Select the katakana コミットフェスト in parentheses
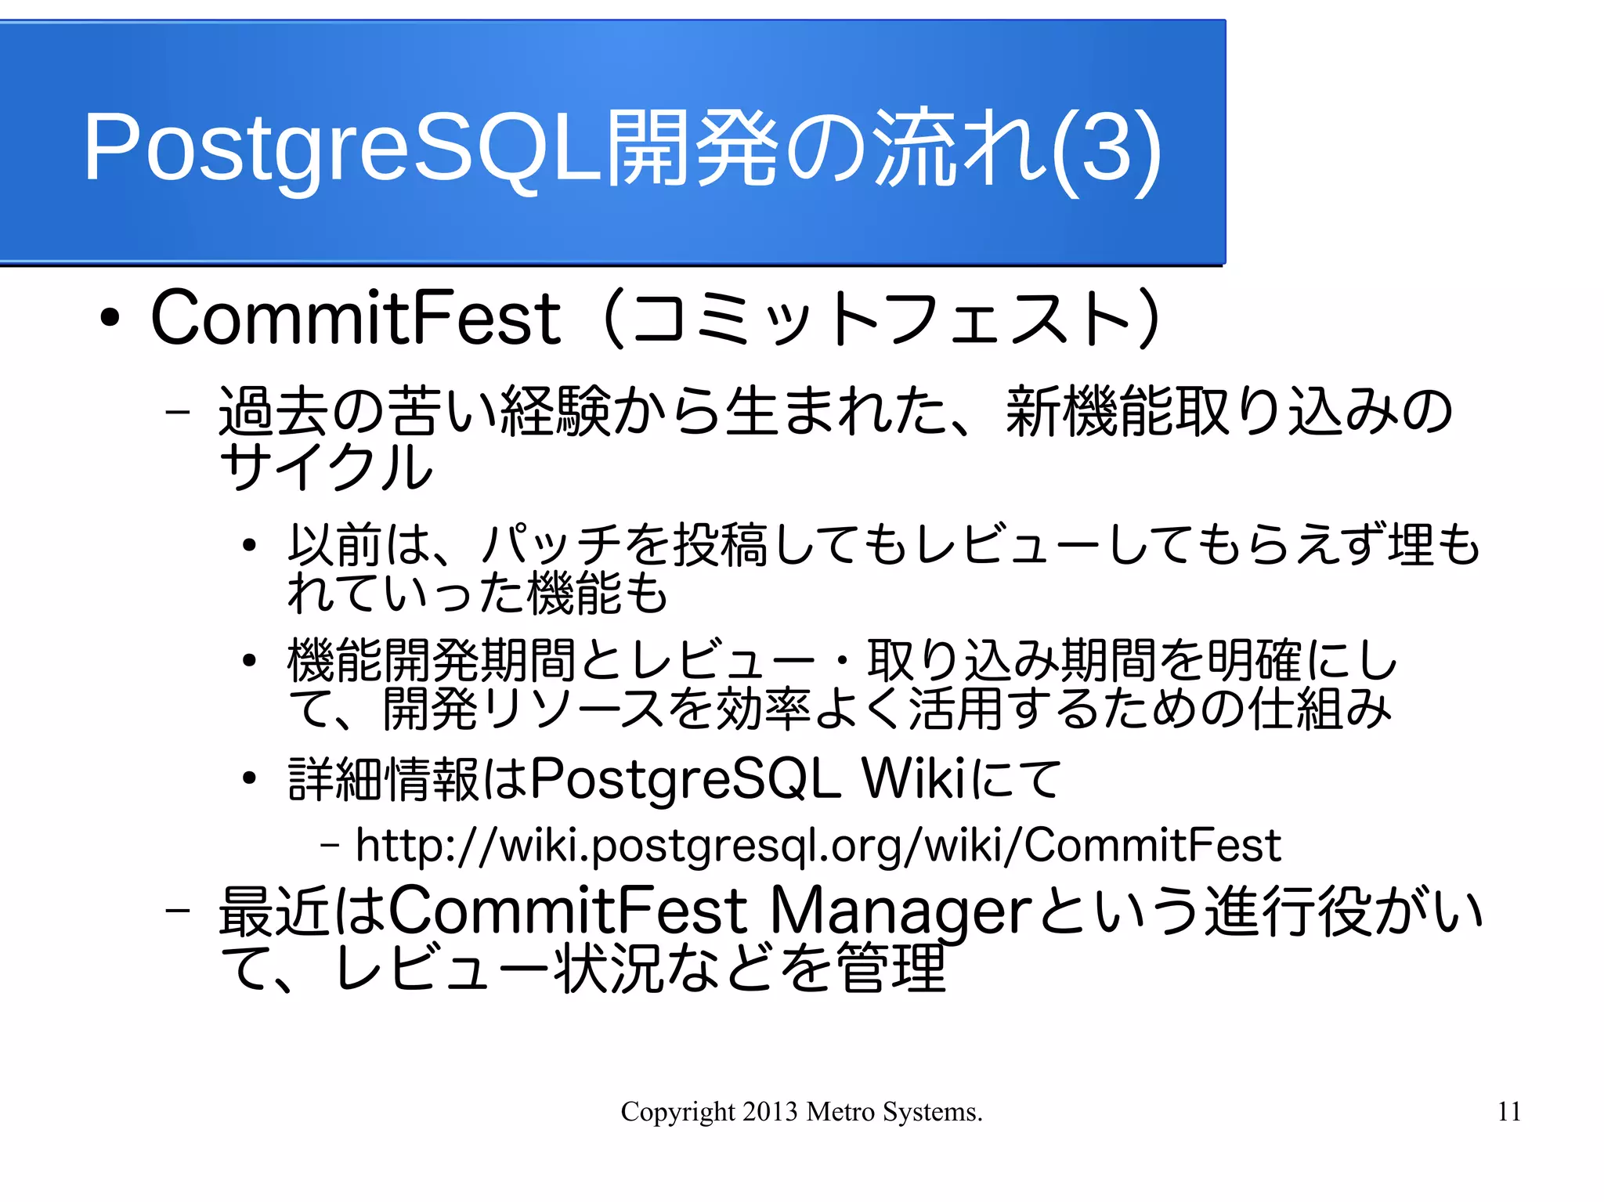(883, 319)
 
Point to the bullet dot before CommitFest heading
(110, 319)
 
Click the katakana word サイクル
(326, 467)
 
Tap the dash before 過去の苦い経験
(179, 411)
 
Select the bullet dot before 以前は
(249, 545)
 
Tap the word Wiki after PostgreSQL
(913, 779)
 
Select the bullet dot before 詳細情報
(249, 778)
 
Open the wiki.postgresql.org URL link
(818, 846)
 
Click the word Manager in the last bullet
(900, 912)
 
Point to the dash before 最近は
(179, 911)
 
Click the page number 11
(1509, 1112)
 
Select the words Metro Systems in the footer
(894, 1112)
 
